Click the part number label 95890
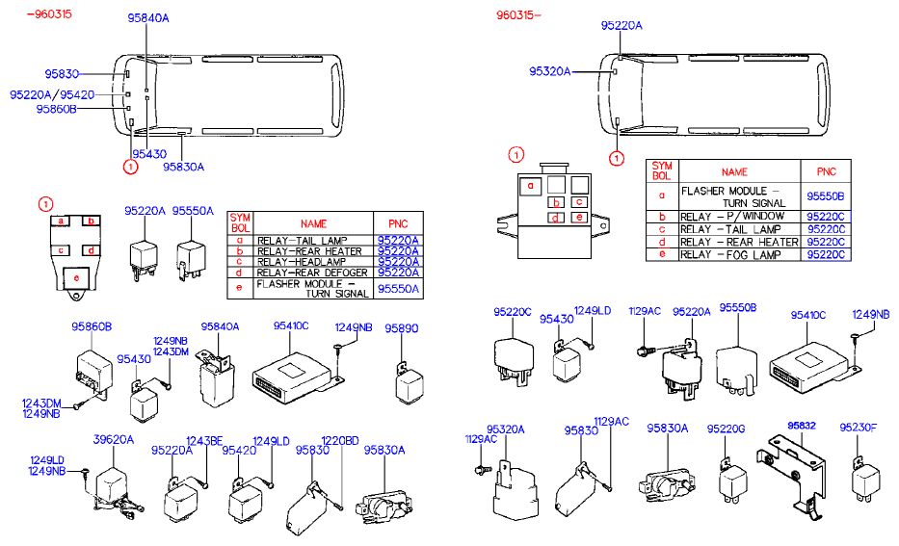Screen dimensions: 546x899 (402, 328)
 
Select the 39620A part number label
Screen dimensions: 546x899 (113, 439)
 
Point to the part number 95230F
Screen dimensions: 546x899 (858, 428)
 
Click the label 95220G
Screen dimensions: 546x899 (726, 428)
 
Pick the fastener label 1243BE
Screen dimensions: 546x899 (203, 440)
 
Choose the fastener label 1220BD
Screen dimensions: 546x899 (339, 440)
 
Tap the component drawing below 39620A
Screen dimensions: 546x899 (113, 486)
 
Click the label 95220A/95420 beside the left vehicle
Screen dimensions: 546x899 (52, 94)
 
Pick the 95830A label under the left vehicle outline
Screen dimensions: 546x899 (183, 167)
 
